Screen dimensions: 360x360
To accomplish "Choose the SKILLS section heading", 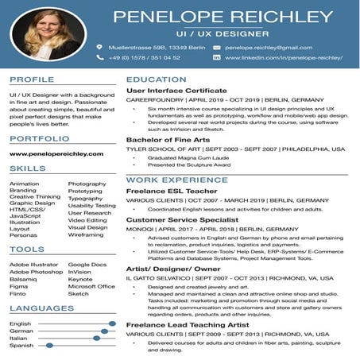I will [27, 168].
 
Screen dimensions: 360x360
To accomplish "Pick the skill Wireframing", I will [86, 235].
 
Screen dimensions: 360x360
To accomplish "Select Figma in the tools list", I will [18, 286].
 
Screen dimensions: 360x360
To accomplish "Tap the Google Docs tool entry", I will [85, 265].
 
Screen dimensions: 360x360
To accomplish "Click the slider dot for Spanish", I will [50, 346].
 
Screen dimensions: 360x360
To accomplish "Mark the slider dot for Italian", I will [97, 339].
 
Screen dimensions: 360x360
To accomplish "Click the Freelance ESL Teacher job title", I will [171, 191].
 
